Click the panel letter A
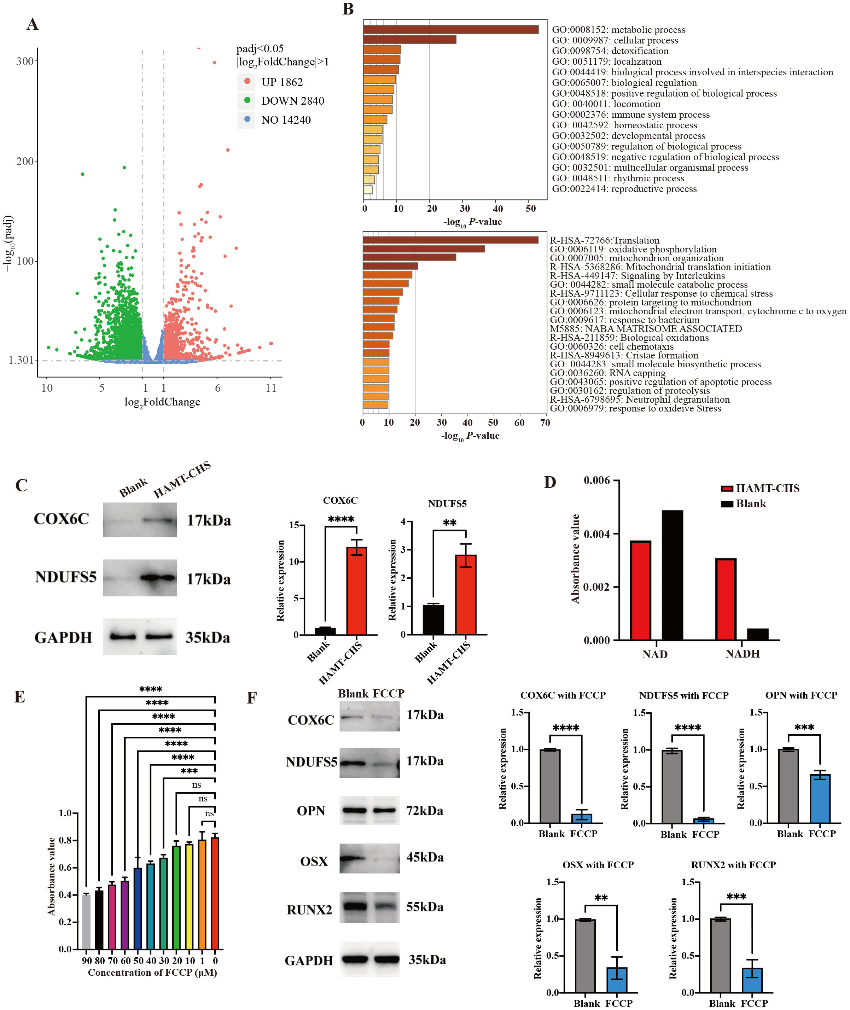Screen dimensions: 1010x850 32,24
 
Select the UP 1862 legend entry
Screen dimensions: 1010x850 281,82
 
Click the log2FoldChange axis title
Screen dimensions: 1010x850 162,402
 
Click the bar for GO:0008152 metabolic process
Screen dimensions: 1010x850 450,29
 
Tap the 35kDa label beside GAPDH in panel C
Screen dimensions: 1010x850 208,638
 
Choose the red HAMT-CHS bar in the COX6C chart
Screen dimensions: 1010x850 356,591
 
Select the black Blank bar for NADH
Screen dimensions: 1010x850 757,634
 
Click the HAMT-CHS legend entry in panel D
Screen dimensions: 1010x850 767,489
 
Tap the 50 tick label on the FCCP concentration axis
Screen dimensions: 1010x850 138,961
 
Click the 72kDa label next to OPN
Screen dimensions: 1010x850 424,811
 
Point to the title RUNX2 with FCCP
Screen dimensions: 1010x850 733,865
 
